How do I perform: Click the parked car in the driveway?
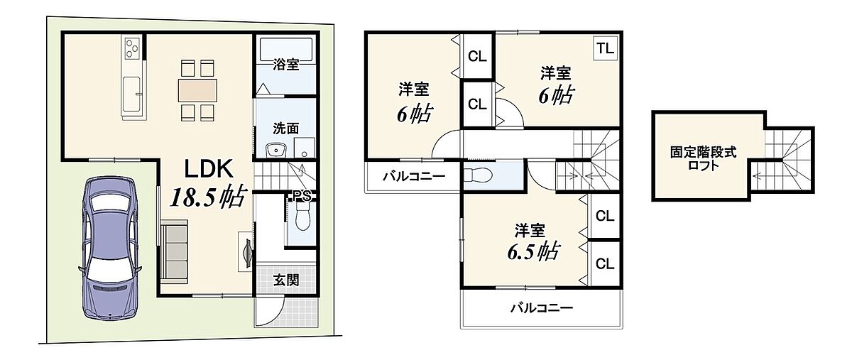[x=110, y=247]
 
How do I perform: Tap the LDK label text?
[x=209, y=169]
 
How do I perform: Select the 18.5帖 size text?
[x=207, y=197]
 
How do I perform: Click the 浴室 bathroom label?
[x=285, y=65]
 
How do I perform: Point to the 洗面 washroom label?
[x=285, y=129]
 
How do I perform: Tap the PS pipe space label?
[x=302, y=195]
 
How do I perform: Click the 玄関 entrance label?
[x=286, y=280]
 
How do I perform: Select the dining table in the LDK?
[x=197, y=90]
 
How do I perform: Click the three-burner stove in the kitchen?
[x=131, y=48]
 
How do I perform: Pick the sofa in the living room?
[x=174, y=251]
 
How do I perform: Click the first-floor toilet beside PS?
[x=303, y=216]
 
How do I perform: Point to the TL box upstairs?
[x=605, y=49]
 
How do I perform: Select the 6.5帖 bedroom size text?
[x=533, y=251]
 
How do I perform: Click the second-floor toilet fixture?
[x=479, y=175]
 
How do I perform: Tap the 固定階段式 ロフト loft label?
[x=704, y=158]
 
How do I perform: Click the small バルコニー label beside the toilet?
[x=414, y=177]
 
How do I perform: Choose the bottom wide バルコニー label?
[x=542, y=307]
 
